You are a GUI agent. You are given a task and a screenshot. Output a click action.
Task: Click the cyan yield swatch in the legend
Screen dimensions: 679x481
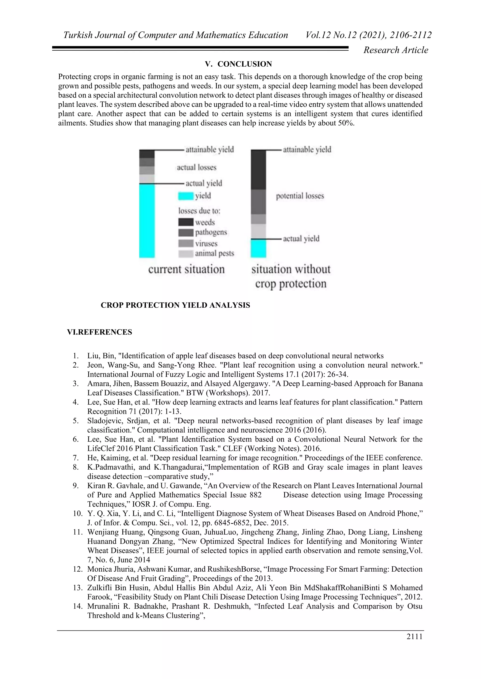click(186, 196)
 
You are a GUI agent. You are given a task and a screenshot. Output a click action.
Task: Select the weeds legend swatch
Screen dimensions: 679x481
click(186, 222)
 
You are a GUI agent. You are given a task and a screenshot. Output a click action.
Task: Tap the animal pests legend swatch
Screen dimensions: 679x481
click(186, 254)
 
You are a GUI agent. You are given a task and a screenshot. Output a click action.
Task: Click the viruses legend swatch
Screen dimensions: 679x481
click(186, 243)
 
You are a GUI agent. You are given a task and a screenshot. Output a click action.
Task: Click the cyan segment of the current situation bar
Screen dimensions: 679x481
click(147, 220)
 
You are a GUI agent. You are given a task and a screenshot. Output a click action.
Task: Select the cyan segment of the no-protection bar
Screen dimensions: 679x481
click(258, 249)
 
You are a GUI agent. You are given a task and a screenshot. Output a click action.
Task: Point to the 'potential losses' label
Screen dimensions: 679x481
click(300, 196)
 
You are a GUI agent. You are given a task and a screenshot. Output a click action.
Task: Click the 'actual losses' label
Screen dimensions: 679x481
click(196, 168)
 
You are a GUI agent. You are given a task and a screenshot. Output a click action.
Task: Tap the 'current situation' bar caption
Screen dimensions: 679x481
click(186, 269)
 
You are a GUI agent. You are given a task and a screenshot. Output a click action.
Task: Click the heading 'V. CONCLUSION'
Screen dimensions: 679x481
click(238, 64)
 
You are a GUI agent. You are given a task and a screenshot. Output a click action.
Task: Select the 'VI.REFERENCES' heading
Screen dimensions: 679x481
click(100, 332)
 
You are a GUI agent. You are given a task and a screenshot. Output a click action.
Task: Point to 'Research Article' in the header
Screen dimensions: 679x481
click(396, 50)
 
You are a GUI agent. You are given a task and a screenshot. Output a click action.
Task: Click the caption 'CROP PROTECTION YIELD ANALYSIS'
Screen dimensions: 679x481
click(175, 305)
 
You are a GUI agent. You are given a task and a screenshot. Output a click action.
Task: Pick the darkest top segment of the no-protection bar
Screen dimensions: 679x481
click(258, 170)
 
